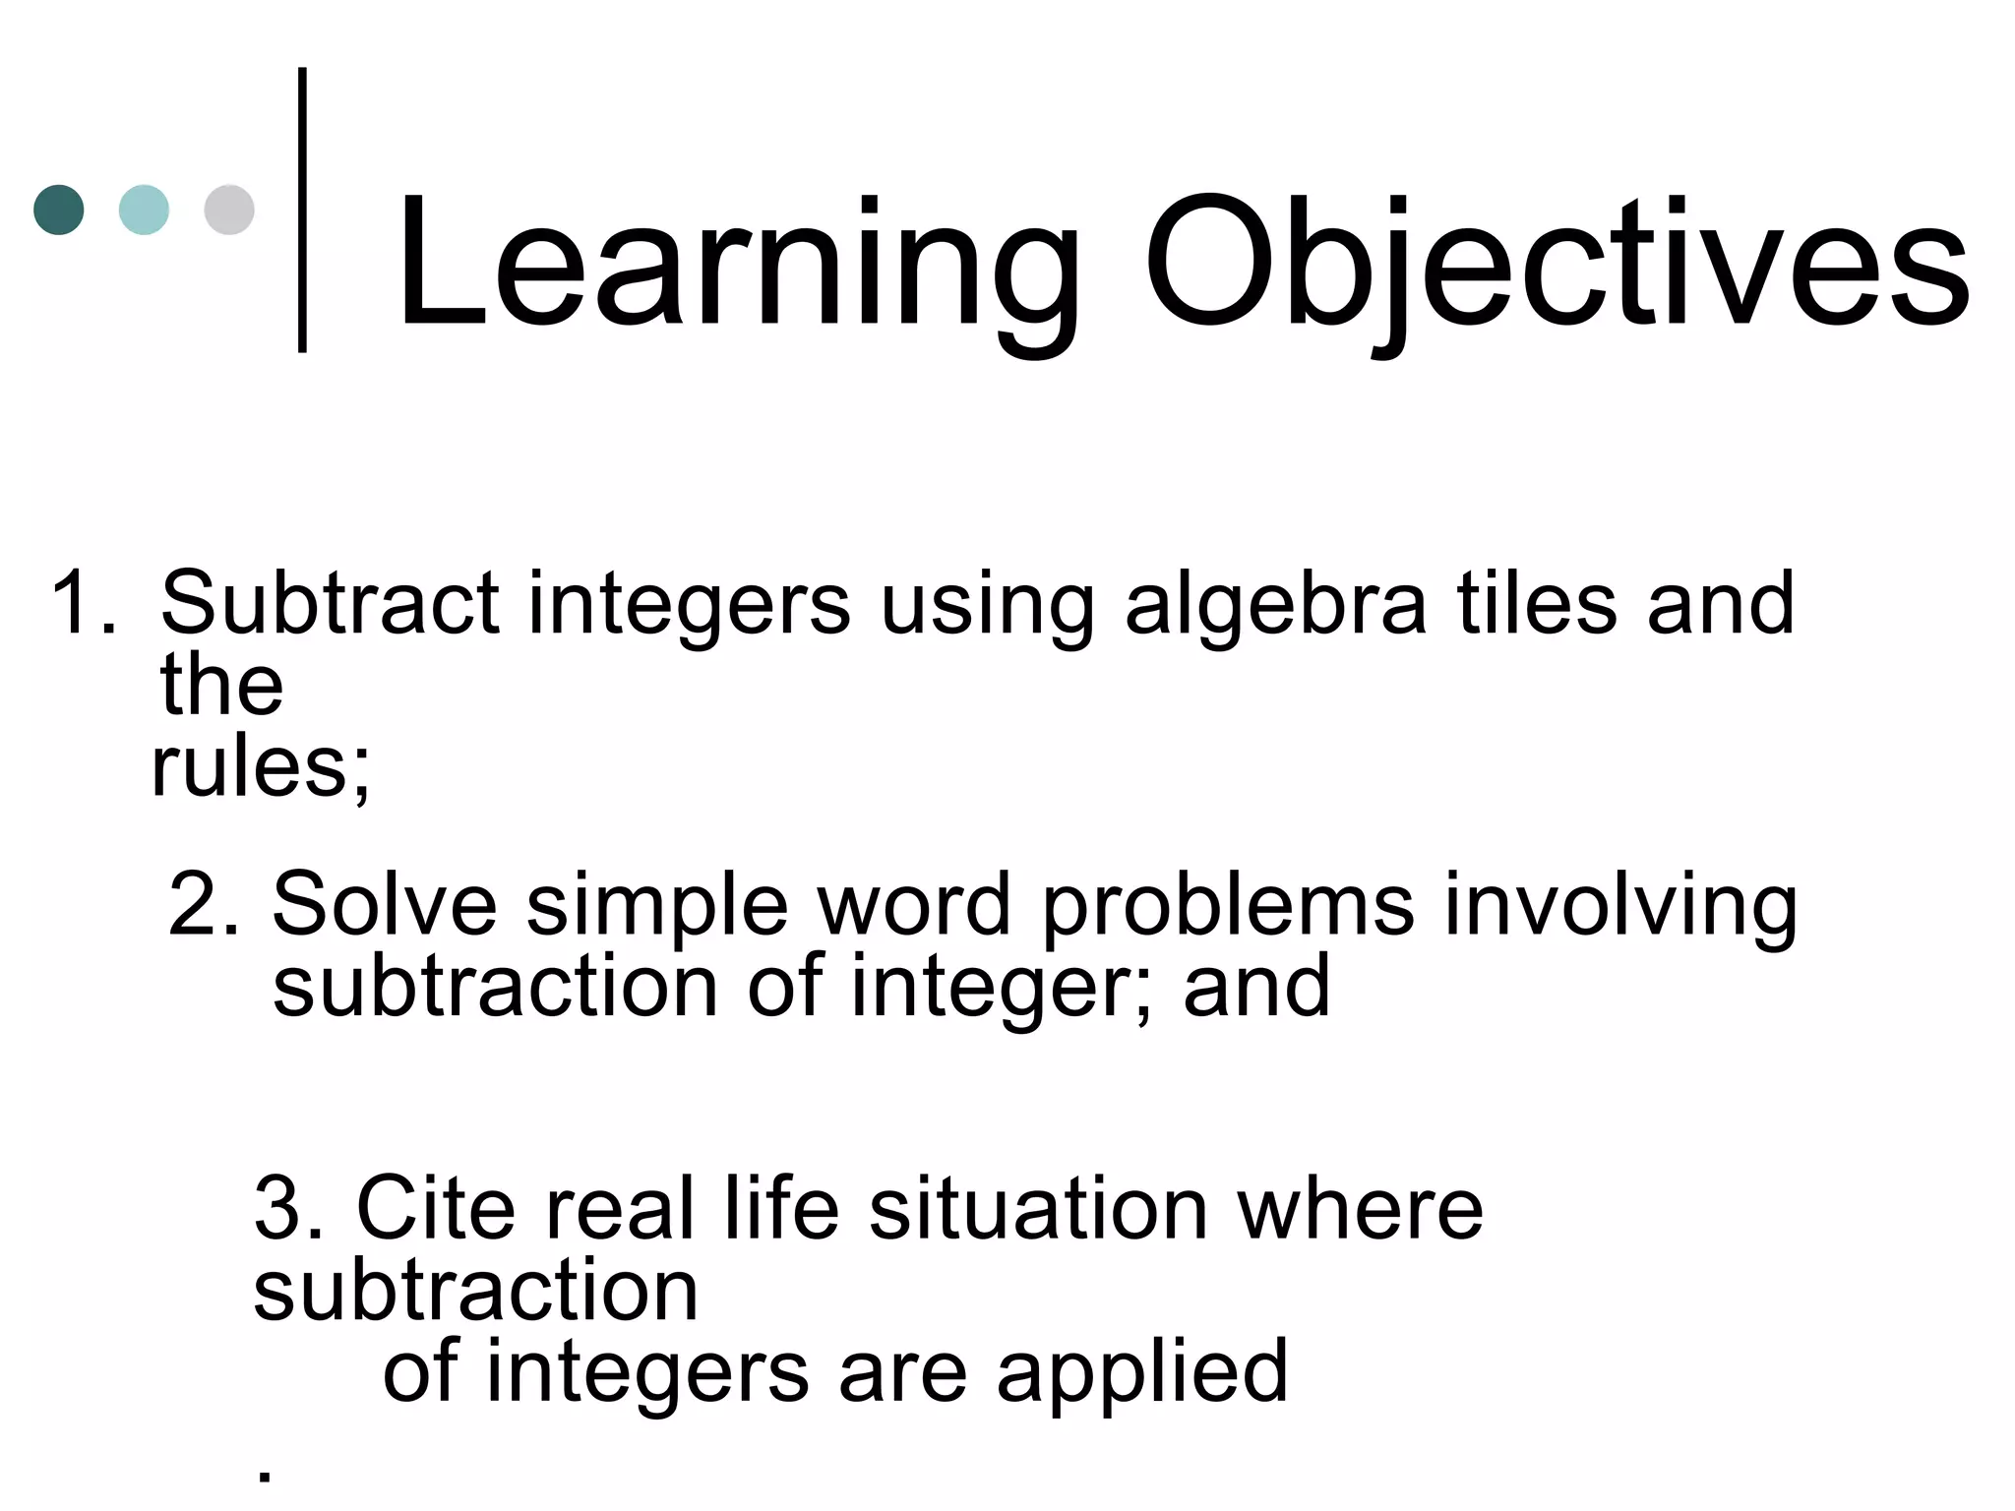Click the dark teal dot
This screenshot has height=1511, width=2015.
point(59,210)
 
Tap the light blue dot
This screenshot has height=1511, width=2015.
point(144,210)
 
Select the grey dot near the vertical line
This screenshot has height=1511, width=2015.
point(229,210)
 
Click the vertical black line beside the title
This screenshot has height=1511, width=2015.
point(302,210)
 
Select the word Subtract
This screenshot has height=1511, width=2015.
point(329,602)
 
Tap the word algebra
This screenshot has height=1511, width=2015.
point(1275,602)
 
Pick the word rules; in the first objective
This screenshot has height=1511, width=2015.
point(262,768)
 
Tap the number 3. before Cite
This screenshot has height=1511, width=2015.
point(289,1209)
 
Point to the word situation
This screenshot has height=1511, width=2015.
point(1038,1209)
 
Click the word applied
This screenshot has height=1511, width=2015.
point(1141,1373)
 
